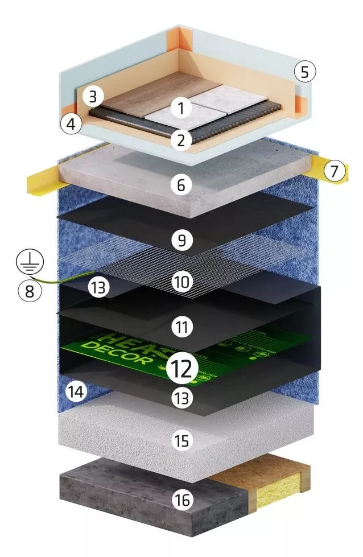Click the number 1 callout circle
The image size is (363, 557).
[181, 108]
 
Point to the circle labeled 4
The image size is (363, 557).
[71, 124]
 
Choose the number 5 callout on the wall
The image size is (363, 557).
[304, 72]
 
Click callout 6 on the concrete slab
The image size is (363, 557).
[181, 185]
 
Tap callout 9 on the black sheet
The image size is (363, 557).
[181, 241]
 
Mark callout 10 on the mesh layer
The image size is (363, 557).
[181, 282]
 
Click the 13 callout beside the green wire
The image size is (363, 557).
[98, 288]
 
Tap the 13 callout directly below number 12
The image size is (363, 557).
[181, 399]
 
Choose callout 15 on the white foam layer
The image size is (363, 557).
[181, 441]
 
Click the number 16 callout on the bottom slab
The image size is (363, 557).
[181, 500]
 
